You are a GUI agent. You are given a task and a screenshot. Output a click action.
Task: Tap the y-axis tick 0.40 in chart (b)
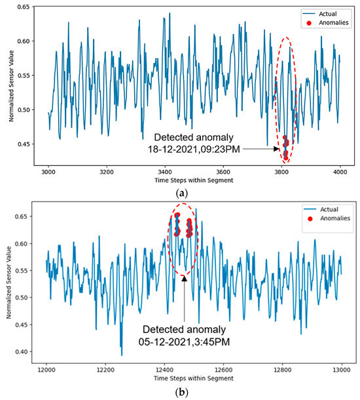[27, 352]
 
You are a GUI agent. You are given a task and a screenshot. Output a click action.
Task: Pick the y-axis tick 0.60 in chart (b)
[27, 243]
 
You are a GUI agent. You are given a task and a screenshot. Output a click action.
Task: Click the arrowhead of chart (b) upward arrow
[185, 278]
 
